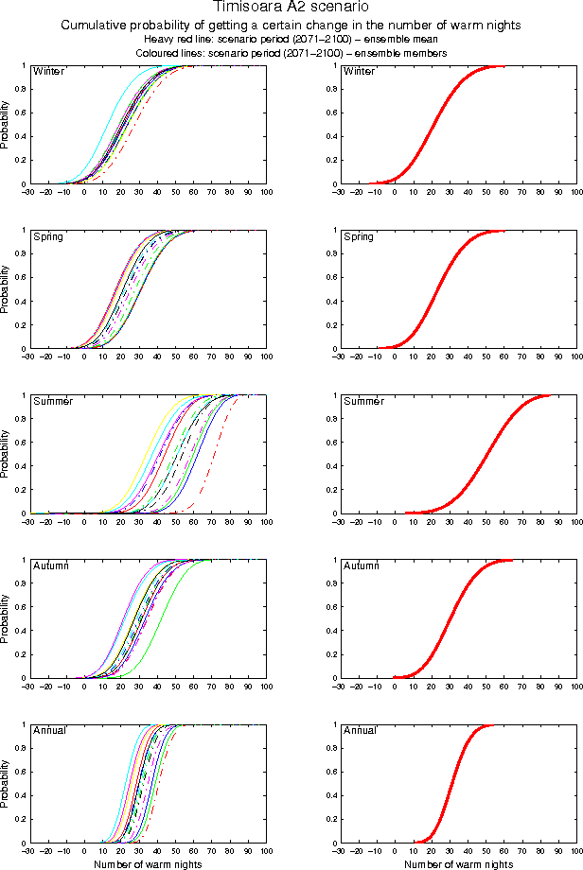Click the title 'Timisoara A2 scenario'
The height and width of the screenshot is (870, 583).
[291, 9]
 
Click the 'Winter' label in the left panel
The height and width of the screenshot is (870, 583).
[47, 72]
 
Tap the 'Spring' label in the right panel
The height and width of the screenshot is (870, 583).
[359, 236]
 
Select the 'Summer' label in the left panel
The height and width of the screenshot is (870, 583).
[50, 401]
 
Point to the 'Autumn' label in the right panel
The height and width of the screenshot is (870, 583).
[361, 565]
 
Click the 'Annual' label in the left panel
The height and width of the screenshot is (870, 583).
[48, 730]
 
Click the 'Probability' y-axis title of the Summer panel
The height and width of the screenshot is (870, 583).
[8, 455]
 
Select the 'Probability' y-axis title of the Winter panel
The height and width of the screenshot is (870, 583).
[8, 126]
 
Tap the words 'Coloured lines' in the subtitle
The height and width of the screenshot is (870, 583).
[171, 53]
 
